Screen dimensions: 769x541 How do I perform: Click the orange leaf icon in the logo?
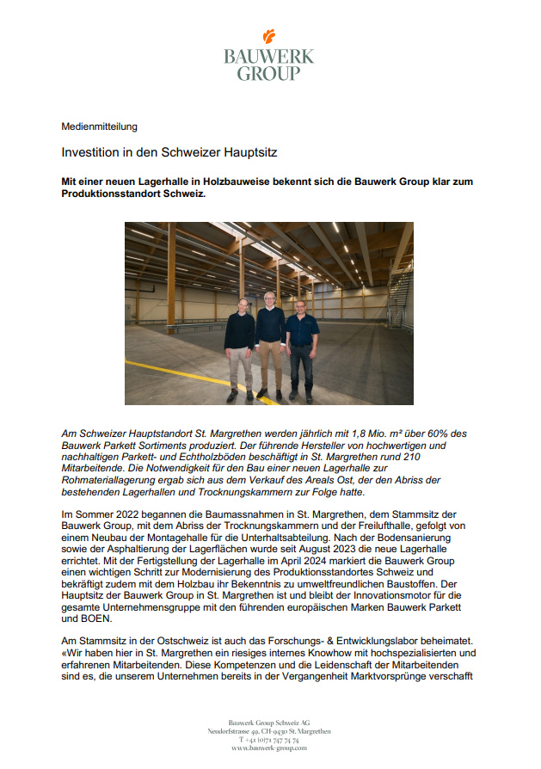(269, 36)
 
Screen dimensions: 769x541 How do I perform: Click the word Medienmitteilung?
(100, 126)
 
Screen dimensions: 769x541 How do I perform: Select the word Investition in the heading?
(90, 151)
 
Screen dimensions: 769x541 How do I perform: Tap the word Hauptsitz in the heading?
(249, 151)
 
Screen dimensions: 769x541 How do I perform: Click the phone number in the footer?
(269, 740)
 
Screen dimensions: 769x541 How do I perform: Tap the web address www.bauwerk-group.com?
(269, 748)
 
